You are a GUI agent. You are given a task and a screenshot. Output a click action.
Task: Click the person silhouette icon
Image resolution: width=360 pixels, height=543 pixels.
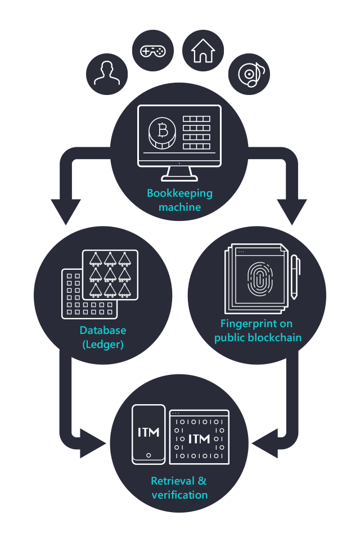[107, 73]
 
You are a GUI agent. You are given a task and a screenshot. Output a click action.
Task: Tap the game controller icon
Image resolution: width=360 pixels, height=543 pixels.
[152, 51]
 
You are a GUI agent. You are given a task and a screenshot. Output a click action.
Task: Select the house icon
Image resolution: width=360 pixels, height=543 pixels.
[203, 51]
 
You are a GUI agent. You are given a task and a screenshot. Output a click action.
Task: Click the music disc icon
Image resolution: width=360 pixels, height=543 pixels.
[249, 74]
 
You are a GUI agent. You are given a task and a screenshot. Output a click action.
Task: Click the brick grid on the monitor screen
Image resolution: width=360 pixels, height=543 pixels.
[196, 132]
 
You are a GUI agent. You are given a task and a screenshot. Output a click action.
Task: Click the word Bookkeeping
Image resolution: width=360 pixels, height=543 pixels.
[179, 193]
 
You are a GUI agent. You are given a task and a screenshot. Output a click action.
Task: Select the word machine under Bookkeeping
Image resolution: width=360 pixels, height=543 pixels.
[179, 207]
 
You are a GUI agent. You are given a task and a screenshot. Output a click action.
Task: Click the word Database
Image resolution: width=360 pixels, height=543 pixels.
[103, 330]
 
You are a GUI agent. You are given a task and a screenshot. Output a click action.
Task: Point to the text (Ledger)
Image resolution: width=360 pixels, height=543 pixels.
[103, 344]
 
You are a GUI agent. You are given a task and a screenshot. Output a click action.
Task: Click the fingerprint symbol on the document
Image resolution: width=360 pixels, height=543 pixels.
[259, 279]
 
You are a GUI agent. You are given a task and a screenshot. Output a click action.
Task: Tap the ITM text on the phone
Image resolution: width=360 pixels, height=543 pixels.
[148, 432]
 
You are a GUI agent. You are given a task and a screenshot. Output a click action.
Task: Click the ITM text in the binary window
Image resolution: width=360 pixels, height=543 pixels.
[199, 438]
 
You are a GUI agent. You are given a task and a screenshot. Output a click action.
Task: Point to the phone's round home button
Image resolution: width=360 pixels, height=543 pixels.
[148, 455]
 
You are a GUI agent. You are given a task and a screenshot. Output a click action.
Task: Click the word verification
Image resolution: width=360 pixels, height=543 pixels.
[179, 495]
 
